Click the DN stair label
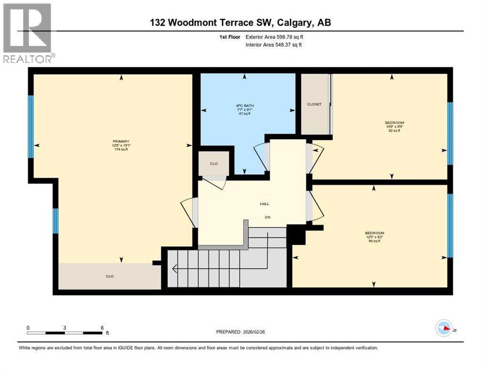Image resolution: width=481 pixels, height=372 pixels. point(267,217)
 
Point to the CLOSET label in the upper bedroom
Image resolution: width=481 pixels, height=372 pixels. point(314,104)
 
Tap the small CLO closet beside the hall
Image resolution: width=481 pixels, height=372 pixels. point(213,164)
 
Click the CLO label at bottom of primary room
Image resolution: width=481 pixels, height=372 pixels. point(110,277)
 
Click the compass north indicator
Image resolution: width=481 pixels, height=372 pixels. point(444,329)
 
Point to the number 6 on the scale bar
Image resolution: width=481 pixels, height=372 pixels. point(102,327)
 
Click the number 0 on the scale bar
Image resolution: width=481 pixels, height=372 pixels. point(28,327)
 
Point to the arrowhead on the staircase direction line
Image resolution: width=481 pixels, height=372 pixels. point(174,267)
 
